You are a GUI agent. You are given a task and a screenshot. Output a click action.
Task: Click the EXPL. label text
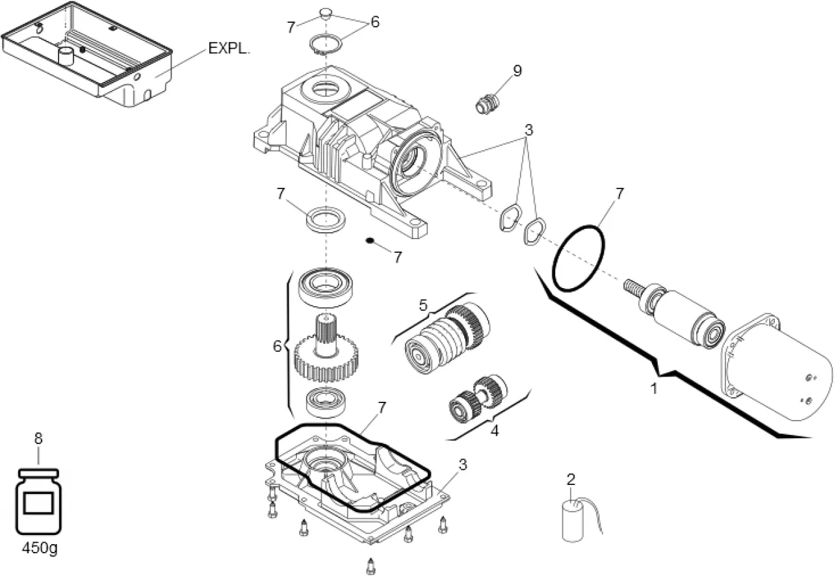point(228,49)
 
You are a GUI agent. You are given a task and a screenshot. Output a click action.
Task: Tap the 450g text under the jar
point(39,547)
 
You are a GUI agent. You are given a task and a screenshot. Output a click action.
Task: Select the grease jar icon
point(38,501)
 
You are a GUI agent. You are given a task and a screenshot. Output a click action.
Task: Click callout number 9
point(517,71)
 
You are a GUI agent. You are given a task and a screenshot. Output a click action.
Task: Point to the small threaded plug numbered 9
point(484,103)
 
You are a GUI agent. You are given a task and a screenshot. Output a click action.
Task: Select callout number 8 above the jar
point(38,439)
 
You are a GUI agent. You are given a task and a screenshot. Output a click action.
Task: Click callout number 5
point(424,304)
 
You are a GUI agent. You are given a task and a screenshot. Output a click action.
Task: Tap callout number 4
point(494,430)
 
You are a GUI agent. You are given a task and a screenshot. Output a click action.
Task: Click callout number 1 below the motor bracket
point(655,389)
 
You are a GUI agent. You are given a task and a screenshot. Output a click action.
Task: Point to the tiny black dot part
point(369,241)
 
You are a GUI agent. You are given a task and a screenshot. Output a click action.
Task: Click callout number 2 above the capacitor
point(571,480)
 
